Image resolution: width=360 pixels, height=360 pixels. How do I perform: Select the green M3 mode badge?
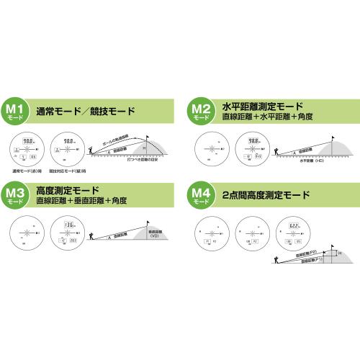[x=18, y=196]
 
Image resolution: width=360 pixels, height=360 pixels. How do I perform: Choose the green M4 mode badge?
[x=199, y=196]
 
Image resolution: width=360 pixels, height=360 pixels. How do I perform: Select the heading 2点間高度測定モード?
[x=266, y=195]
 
